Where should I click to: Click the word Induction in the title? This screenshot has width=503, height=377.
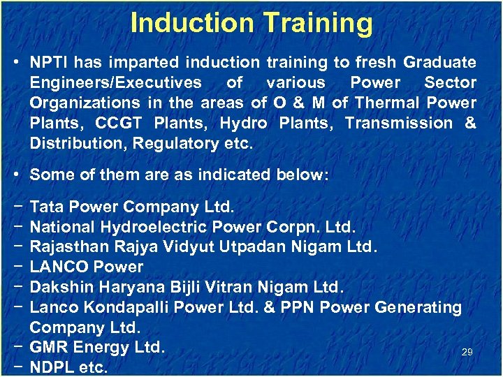tap(191, 22)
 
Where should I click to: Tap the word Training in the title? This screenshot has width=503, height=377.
tap(315, 22)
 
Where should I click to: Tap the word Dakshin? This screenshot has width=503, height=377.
tap(61, 287)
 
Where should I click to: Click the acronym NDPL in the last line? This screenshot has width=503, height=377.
tap(53, 367)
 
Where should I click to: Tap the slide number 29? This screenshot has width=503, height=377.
tap(467, 353)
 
